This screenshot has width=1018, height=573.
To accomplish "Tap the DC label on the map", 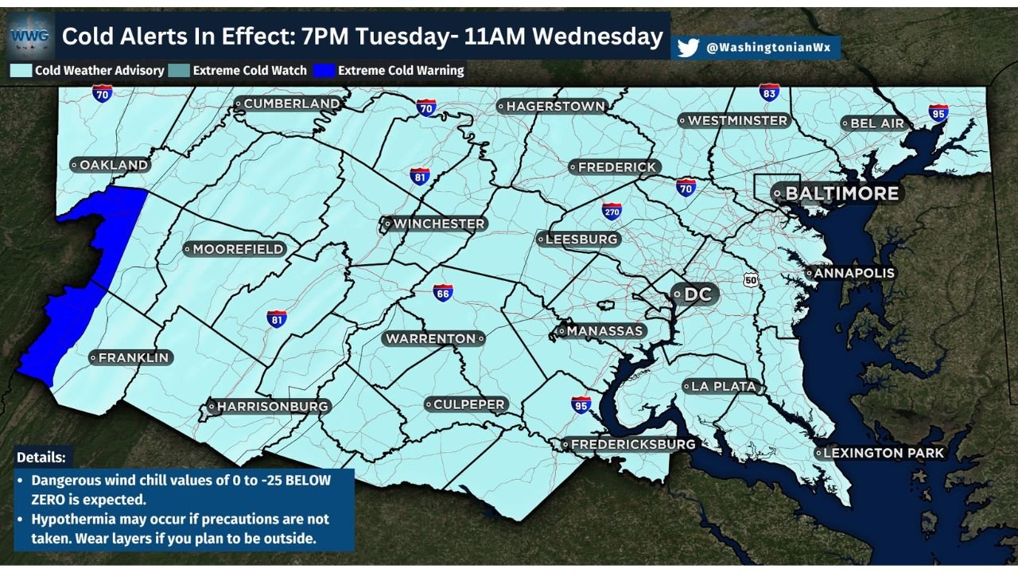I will point(694,294).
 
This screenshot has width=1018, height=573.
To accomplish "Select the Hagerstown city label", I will point(551,106).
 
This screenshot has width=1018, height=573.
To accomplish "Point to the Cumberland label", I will point(288,103).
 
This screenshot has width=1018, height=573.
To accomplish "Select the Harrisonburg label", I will point(267,407).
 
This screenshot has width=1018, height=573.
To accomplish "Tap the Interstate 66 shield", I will point(443,292).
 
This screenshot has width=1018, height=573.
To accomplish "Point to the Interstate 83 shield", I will point(768,92).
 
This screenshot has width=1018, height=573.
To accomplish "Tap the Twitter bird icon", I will point(688,48).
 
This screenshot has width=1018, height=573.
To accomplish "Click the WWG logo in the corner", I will point(30,36).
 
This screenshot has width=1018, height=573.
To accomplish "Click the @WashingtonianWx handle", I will point(767,48).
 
